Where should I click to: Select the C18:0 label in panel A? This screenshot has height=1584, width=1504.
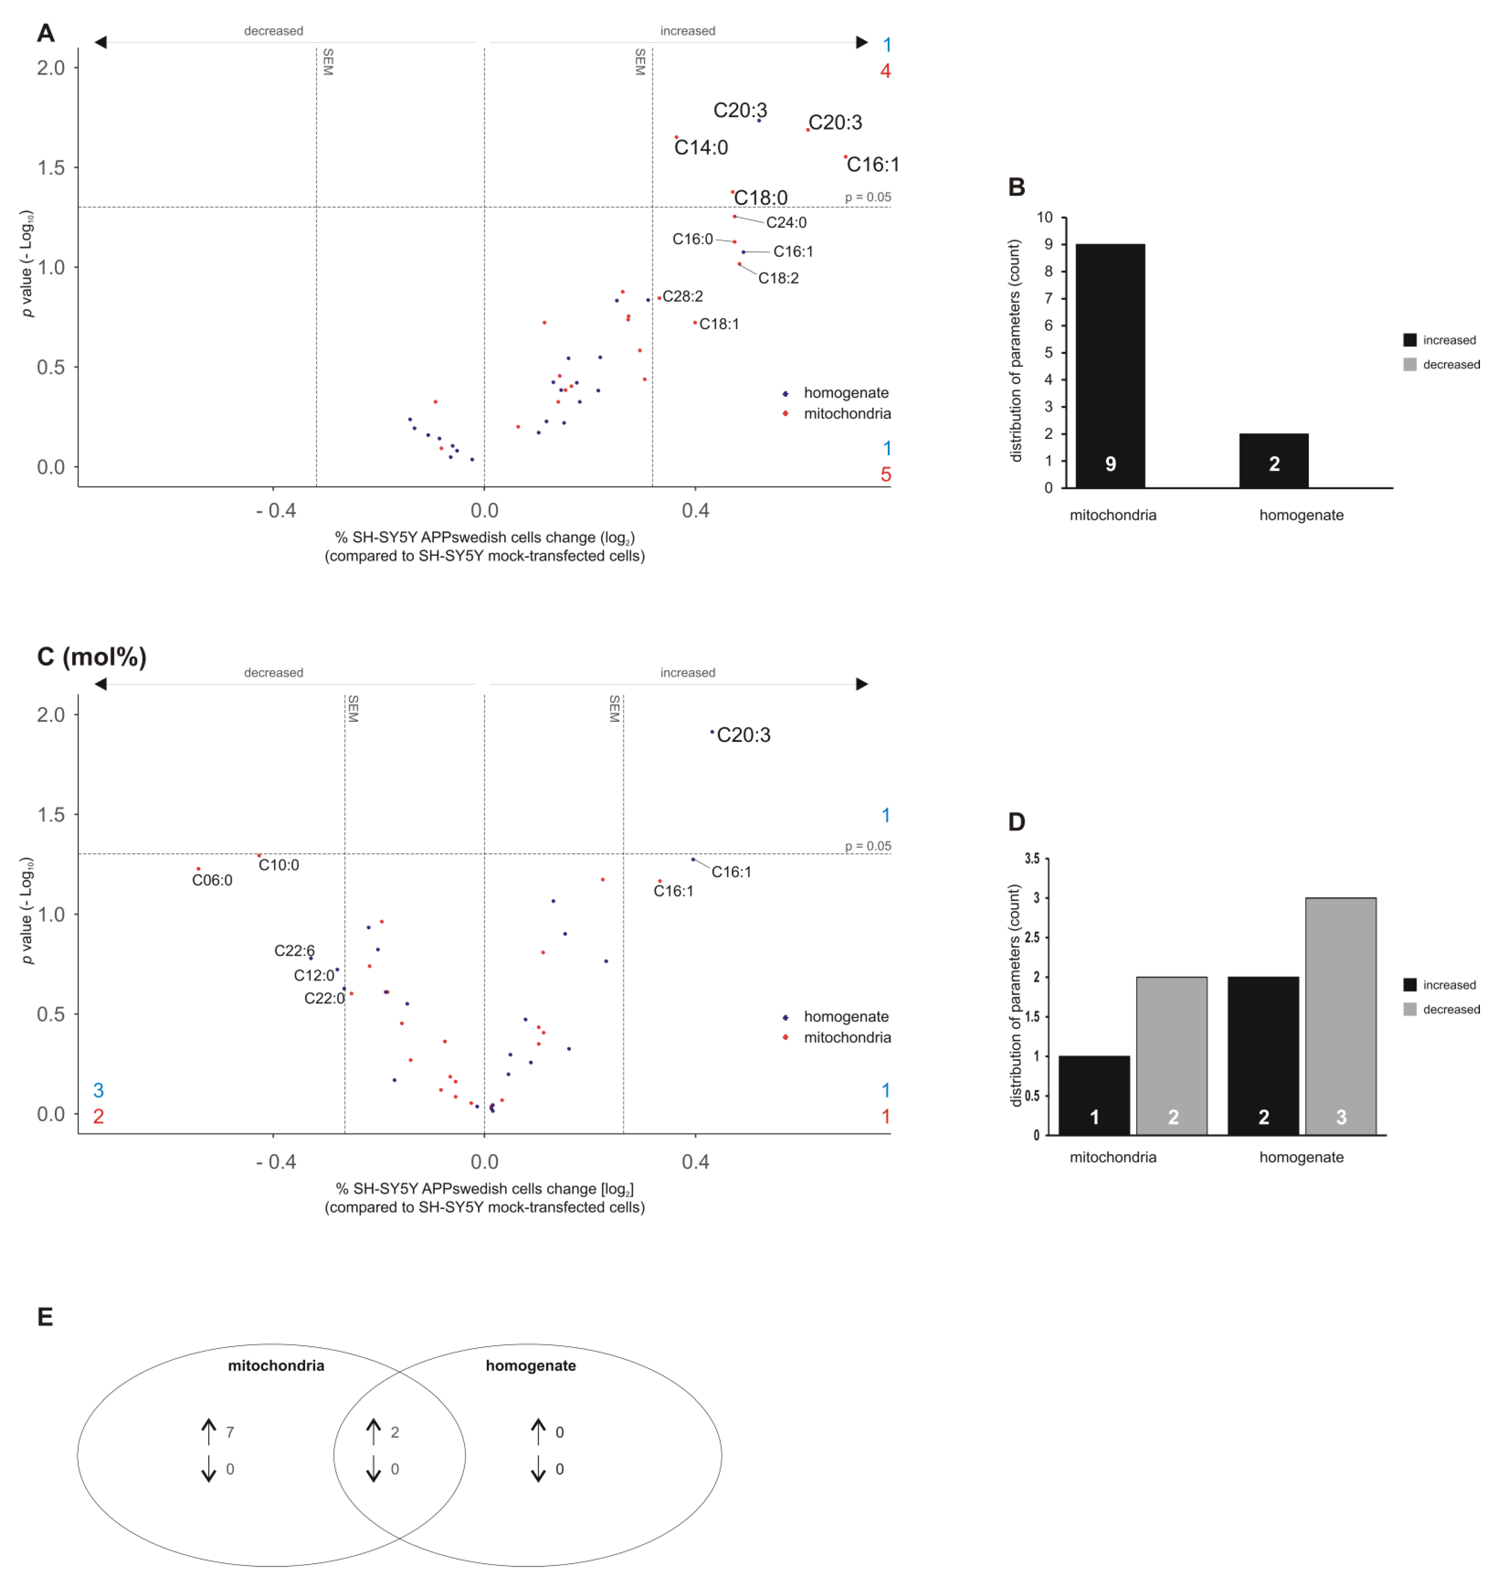[x=761, y=197]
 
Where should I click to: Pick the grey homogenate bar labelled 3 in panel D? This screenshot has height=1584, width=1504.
[x=1340, y=1016]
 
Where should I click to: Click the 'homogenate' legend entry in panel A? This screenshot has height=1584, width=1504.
[x=846, y=393]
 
